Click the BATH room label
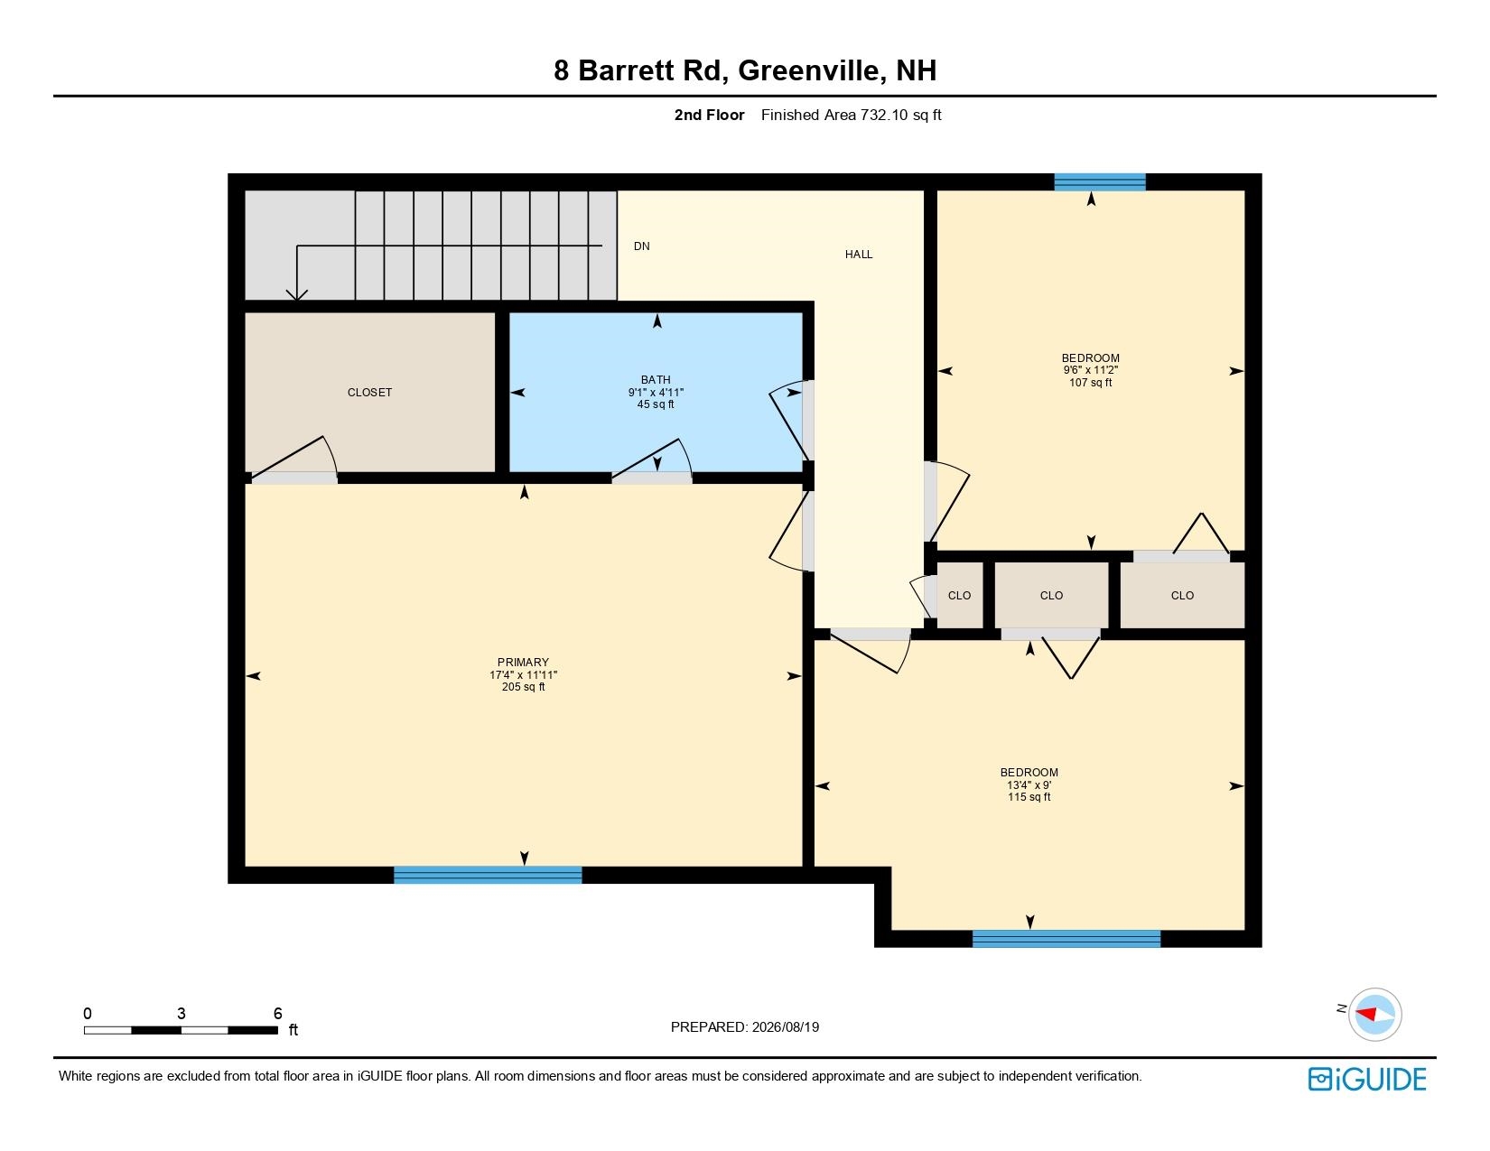click(656, 379)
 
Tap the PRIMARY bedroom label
click(523, 663)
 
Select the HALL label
click(859, 255)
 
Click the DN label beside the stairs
click(642, 246)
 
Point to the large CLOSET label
click(369, 392)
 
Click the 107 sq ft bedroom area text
click(1090, 383)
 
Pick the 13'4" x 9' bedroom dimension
click(1029, 784)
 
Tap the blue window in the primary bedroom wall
click(488, 875)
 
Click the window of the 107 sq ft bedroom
click(1100, 181)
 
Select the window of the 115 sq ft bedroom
click(1066, 939)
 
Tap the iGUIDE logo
click(1367, 1079)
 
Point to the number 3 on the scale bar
click(181, 1013)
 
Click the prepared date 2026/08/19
click(785, 1027)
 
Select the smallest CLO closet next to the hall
click(959, 595)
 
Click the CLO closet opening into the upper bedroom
click(1182, 595)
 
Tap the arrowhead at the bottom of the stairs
click(296, 295)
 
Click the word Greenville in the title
click(808, 70)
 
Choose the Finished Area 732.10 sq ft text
click(851, 116)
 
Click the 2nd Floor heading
click(709, 116)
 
